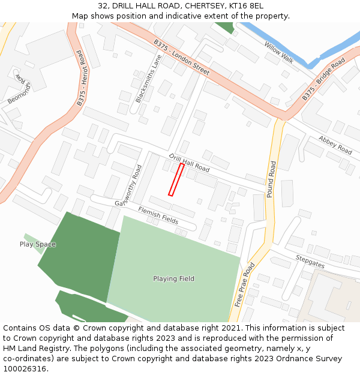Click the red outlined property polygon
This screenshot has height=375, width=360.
click(x=176, y=179)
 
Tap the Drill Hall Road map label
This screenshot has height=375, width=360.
click(x=189, y=163)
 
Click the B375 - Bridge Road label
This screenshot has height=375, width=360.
click(x=323, y=79)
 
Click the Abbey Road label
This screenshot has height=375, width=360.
click(x=335, y=145)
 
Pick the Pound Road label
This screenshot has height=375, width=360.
click(x=271, y=179)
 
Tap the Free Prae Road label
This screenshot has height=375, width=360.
click(x=245, y=284)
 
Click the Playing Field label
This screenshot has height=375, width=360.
click(x=173, y=279)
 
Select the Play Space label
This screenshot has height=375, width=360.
click(x=38, y=244)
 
